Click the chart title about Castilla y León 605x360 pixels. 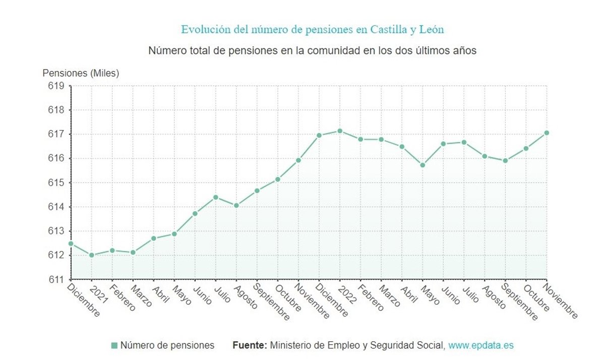click(313, 29)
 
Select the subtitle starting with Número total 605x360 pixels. click(313, 51)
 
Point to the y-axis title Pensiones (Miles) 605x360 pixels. click(81, 73)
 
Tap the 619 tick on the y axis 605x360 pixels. click(57, 86)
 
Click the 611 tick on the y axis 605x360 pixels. click(57, 279)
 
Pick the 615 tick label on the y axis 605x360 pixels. click(57, 183)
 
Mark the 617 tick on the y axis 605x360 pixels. click(57, 134)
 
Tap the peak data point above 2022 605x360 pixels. click(340, 131)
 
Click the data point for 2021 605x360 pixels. click(92, 255)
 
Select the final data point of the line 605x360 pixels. click(547, 133)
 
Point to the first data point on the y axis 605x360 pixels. click(71, 244)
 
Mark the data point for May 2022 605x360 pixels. click(422, 165)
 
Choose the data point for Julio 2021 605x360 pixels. click(216, 197)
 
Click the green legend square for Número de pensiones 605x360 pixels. click(114, 345)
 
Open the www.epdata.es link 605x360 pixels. click(481, 345)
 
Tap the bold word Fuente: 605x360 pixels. click(250, 345)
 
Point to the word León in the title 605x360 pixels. click(432, 29)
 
